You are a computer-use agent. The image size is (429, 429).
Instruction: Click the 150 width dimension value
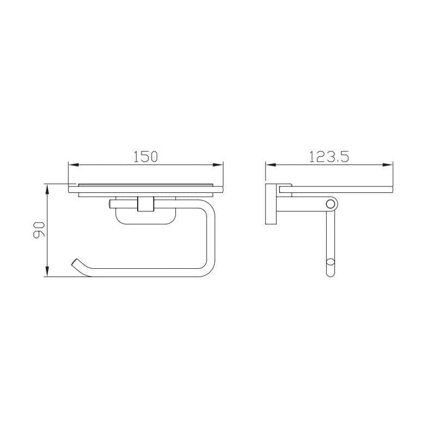click(x=145, y=156)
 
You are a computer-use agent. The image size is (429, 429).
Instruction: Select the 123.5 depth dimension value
click(x=328, y=156)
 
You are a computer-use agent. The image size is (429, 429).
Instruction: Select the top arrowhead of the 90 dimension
click(x=48, y=188)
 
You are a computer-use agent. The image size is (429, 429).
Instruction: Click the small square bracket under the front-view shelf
click(x=145, y=203)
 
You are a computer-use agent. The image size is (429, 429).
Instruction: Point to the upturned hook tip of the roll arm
click(x=74, y=263)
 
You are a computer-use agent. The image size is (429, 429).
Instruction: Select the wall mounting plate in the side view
click(x=271, y=204)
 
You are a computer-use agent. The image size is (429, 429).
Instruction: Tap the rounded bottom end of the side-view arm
click(x=330, y=271)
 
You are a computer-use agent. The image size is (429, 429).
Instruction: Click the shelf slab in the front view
click(x=145, y=189)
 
